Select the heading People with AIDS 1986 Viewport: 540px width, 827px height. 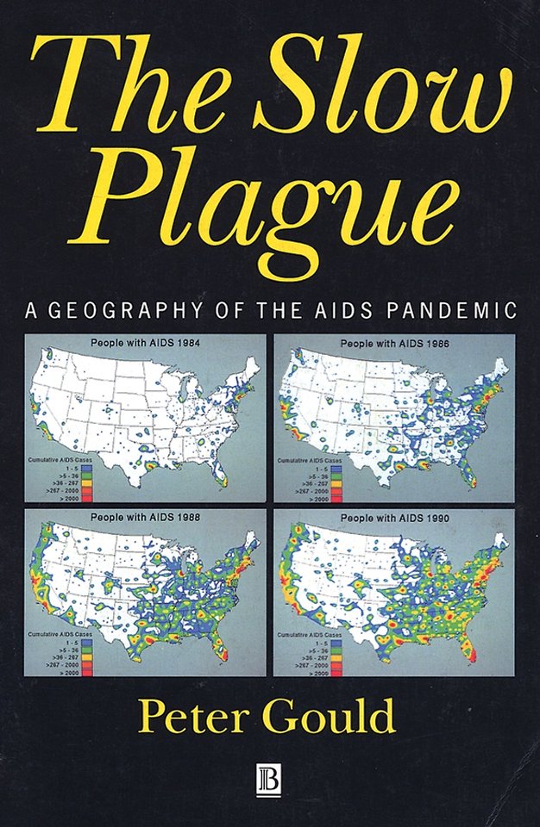point(392,344)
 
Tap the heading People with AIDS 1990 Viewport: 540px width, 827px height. point(392,519)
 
